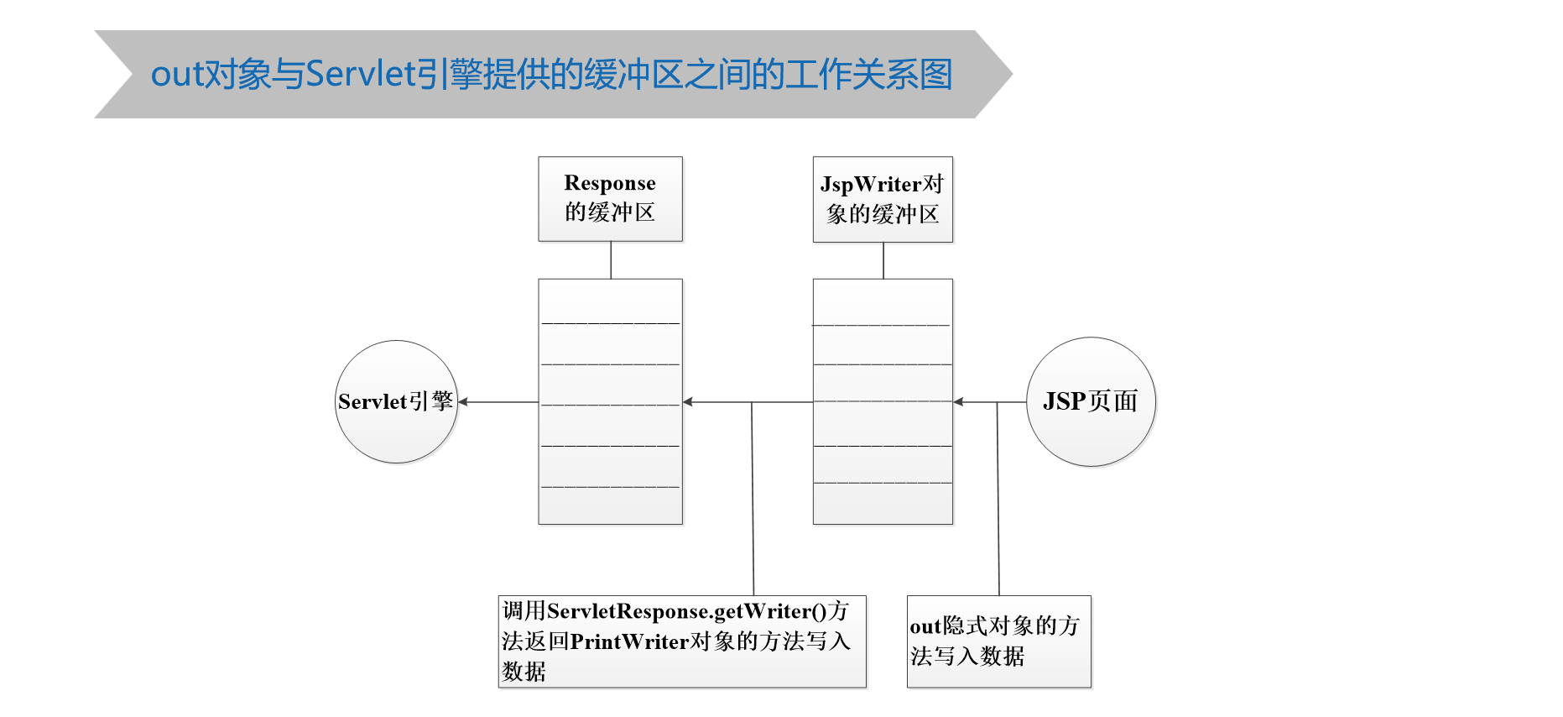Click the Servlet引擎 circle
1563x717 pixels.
click(x=396, y=402)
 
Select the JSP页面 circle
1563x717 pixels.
click(x=1091, y=402)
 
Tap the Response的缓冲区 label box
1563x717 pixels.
click(x=610, y=199)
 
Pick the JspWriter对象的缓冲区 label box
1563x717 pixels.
click(x=883, y=200)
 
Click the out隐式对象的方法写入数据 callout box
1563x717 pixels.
click(x=998, y=641)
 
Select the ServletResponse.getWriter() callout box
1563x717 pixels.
click(x=681, y=641)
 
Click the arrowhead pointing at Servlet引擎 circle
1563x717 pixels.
click(x=463, y=402)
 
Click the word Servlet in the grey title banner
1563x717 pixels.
click(x=361, y=74)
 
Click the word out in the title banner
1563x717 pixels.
click(x=176, y=75)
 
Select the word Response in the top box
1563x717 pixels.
click(x=610, y=183)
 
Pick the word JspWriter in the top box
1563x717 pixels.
click(x=871, y=184)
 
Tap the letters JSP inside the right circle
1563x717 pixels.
click(x=1064, y=401)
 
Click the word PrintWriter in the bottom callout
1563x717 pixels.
click(x=629, y=641)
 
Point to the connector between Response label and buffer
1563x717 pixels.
click(x=611, y=260)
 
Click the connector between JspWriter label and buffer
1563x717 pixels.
click(x=883, y=260)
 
